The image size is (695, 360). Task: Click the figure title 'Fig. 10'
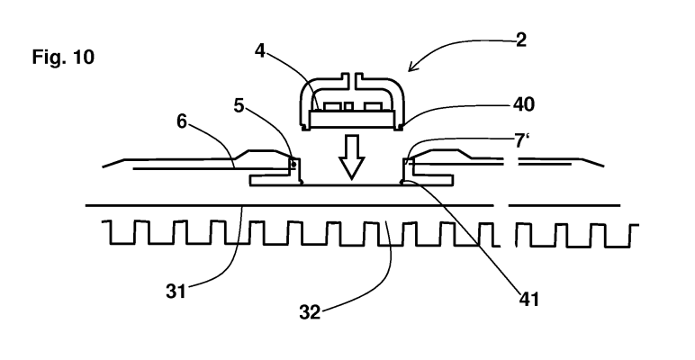point(63,58)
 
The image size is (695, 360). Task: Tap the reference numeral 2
point(521,40)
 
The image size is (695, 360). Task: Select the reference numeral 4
point(260,51)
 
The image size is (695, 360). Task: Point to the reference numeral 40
point(523,104)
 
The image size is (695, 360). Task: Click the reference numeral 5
point(239,105)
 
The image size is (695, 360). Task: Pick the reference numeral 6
point(182,121)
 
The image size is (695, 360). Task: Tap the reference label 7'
point(522,140)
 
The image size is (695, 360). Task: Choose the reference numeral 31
point(176,292)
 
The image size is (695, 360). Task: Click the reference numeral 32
point(310,312)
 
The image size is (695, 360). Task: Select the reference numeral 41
point(529,300)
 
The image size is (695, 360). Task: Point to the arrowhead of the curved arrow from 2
point(412,67)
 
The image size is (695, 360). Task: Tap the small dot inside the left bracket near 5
point(293,165)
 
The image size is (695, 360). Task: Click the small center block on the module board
point(348,106)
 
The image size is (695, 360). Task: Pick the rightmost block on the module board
point(373,106)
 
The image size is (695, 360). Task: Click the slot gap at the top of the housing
point(351,80)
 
